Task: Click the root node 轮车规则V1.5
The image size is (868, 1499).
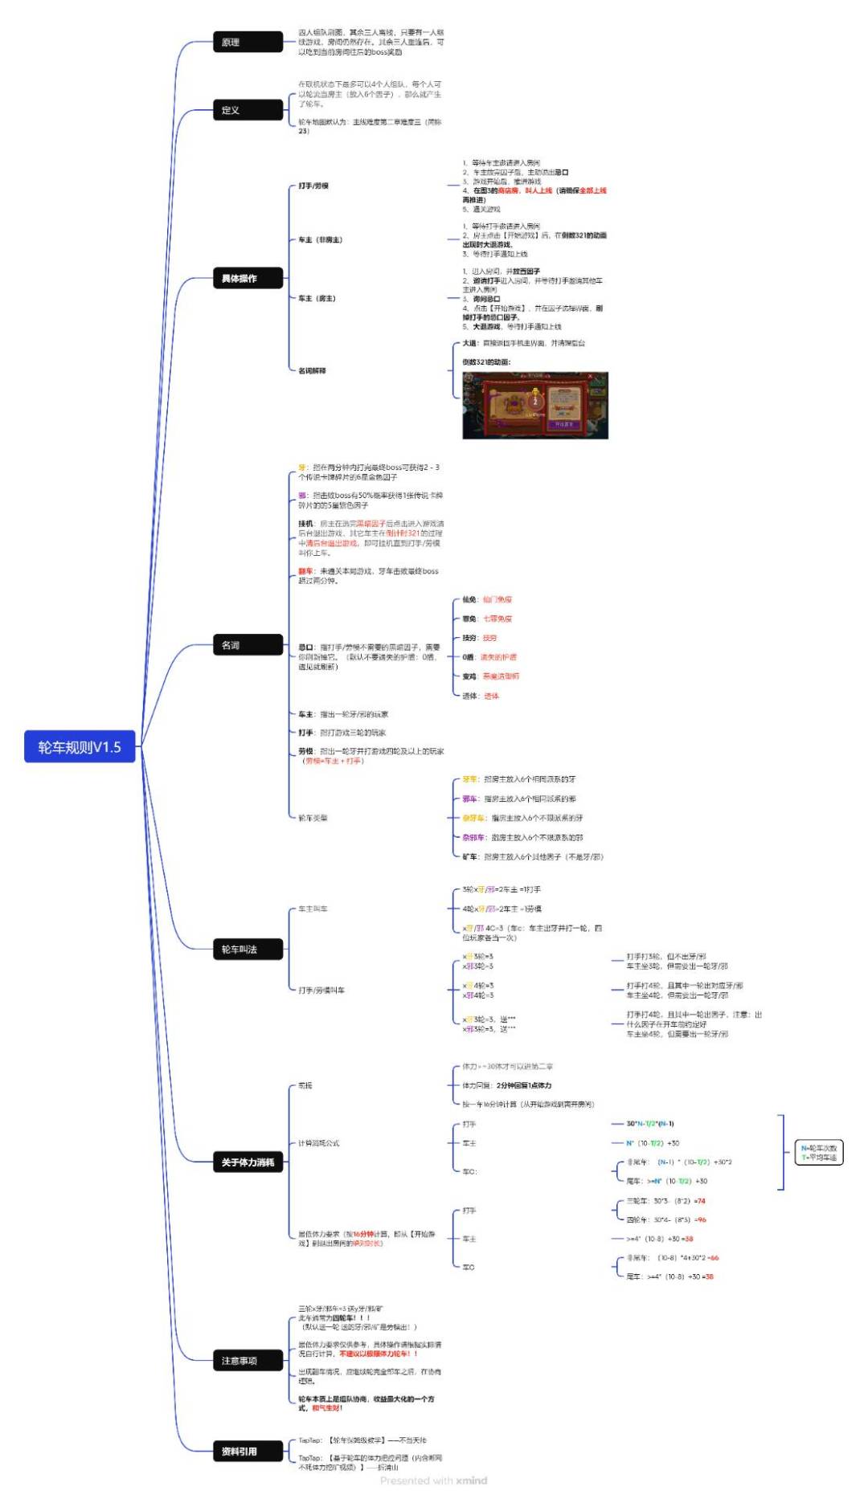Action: pyautogui.click(x=80, y=747)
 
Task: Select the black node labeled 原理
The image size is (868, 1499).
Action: pyautogui.click(x=248, y=42)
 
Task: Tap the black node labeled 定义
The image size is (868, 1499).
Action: pyautogui.click(x=248, y=110)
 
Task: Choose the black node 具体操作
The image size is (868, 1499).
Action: pyautogui.click(x=248, y=279)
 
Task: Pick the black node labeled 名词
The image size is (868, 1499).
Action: pyautogui.click(x=248, y=645)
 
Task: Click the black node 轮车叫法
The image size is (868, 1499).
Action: pyautogui.click(x=248, y=950)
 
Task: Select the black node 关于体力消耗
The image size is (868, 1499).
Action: pyautogui.click(x=248, y=1162)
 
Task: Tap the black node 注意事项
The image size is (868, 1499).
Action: pyautogui.click(x=248, y=1361)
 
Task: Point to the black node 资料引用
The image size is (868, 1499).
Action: pyautogui.click(x=248, y=1452)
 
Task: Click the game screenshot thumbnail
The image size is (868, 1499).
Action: pyautogui.click(x=535, y=405)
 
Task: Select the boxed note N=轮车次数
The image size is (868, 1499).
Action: pyautogui.click(x=818, y=1153)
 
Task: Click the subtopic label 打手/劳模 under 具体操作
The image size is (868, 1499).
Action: pyautogui.click(x=313, y=186)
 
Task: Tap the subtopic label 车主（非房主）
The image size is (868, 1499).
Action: pyautogui.click(x=320, y=239)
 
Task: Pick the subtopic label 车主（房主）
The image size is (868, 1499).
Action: pyautogui.click(x=317, y=298)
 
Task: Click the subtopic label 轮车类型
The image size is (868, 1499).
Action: pyautogui.click(x=313, y=818)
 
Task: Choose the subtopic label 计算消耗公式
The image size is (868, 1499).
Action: pyautogui.click(x=319, y=1143)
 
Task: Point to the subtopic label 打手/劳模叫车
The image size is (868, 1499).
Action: pyautogui.click(x=321, y=990)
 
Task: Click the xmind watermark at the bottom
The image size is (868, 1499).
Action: pyautogui.click(x=433, y=1481)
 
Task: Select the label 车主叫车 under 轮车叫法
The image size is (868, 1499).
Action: pyautogui.click(x=313, y=909)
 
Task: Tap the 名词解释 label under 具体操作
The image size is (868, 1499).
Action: pyautogui.click(x=312, y=370)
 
